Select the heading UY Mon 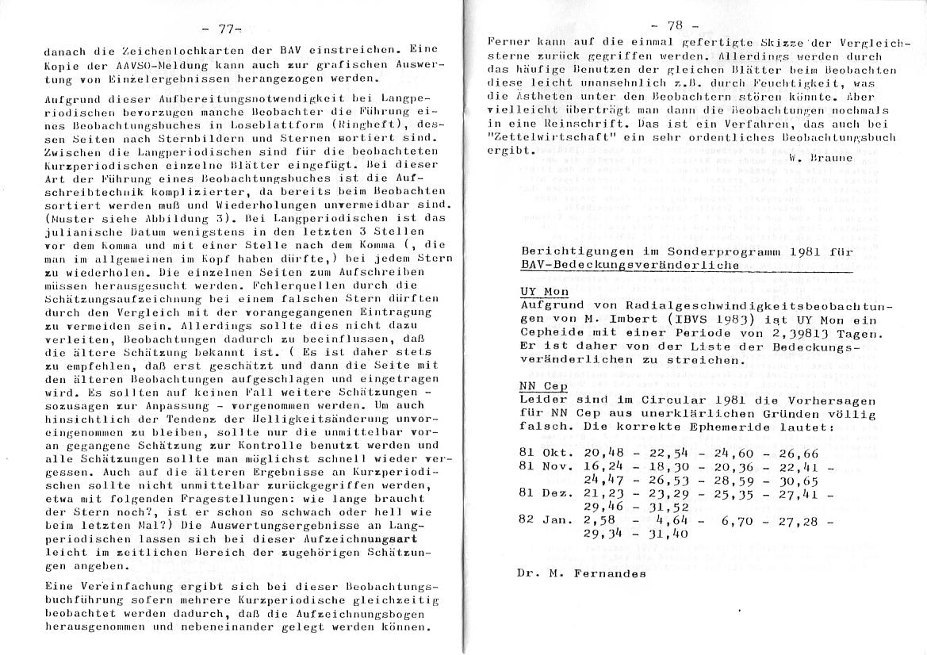tap(538, 291)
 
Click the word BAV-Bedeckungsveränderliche tap(629, 265)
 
